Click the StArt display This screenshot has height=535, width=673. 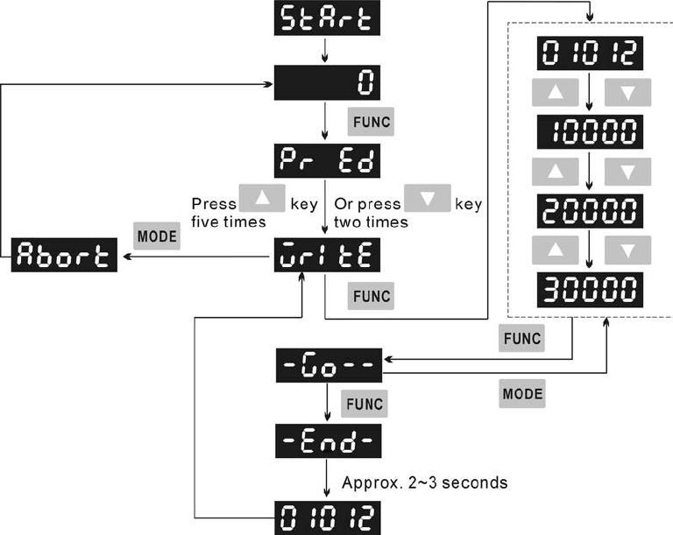[328, 18]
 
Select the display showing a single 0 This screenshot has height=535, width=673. [328, 83]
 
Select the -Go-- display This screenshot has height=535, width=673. [328, 362]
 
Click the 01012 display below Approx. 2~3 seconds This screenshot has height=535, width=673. [328, 517]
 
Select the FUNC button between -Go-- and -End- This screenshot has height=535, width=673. [365, 404]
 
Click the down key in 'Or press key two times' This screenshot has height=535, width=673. [428, 200]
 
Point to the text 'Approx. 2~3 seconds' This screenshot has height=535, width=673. [424, 482]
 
